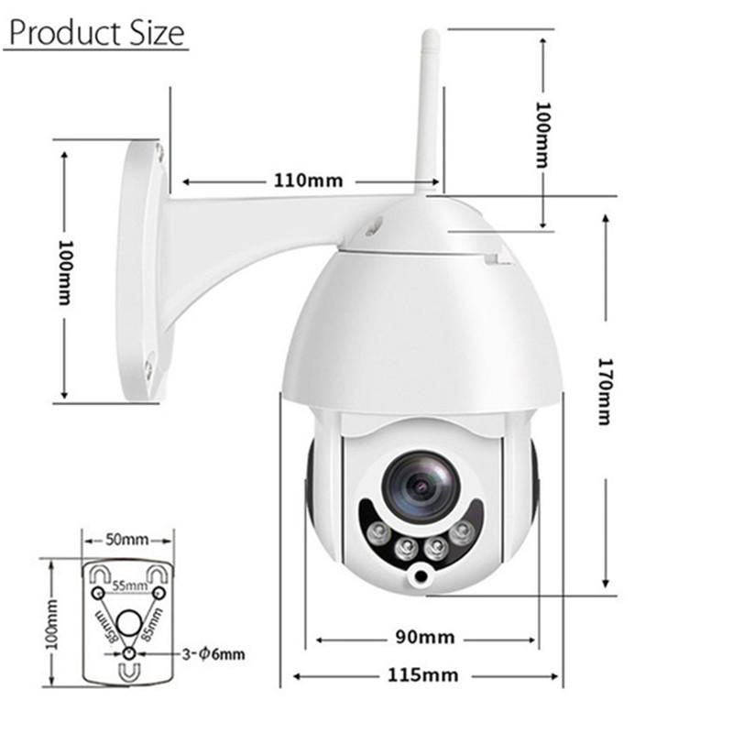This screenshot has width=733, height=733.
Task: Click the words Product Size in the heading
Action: point(96,33)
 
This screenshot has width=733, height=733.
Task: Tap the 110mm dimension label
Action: point(308,181)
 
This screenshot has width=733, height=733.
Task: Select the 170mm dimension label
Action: point(604,390)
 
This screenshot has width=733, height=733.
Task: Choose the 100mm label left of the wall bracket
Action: point(65,272)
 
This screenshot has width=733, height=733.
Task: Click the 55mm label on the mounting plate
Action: point(129,585)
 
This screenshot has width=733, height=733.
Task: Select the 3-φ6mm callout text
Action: point(213,653)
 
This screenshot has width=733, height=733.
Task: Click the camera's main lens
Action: point(421,487)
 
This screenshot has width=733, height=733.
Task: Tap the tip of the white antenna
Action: point(430,37)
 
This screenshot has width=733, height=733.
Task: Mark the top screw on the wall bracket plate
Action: point(159,151)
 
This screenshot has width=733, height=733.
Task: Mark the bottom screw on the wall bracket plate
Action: point(148,370)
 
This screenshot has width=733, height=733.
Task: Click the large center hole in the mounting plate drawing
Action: point(129,622)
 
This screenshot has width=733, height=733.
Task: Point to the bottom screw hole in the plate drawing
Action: point(129,653)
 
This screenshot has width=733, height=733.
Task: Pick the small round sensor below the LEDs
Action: point(421,576)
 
